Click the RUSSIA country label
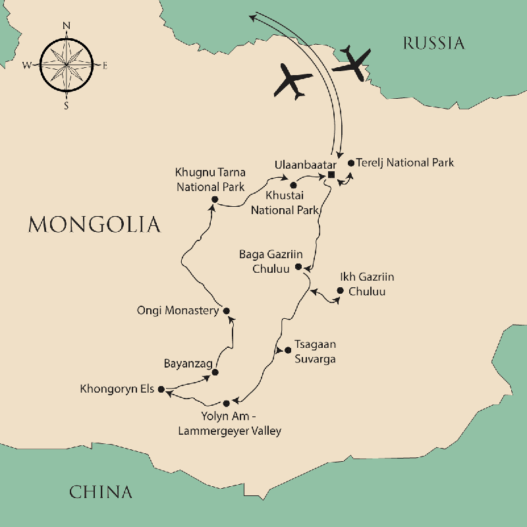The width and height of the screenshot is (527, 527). click(x=433, y=43)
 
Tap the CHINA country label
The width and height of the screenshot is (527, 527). click(x=101, y=491)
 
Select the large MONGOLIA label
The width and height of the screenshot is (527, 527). click(x=94, y=224)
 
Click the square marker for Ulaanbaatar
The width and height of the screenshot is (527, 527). click(x=331, y=175)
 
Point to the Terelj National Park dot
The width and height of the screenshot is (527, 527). click(x=350, y=163)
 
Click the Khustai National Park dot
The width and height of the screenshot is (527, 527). click(x=294, y=185)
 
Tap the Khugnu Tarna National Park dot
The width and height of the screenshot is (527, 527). click(x=214, y=199)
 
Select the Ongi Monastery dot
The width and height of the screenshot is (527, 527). click(x=227, y=311)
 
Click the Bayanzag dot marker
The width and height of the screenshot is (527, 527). click(x=215, y=372)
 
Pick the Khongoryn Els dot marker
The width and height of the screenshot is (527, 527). click(x=160, y=389)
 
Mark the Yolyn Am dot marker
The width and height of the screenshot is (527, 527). click(x=227, y=402)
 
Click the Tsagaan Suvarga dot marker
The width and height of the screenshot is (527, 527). click(x=287, y=350)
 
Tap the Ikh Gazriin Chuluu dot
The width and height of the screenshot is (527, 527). click(x=340, y=291)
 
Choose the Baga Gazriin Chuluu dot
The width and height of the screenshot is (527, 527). click(x=298, y=267)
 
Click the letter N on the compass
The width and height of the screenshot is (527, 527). click(x=66, y=26)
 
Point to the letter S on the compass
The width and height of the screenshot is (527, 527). click(x=66, y=105)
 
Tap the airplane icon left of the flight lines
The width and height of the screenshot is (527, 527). click(x=292, y=80)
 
